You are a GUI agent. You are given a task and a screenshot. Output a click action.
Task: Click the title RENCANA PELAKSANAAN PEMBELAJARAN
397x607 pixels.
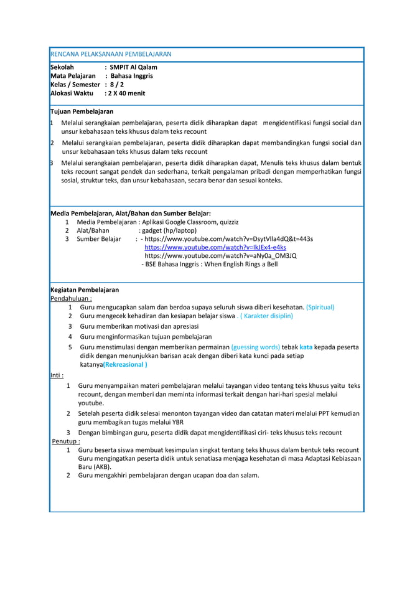110,54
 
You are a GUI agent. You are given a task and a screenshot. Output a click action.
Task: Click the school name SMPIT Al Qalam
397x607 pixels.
133,67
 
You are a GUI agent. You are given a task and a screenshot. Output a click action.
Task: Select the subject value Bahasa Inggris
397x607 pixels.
131,76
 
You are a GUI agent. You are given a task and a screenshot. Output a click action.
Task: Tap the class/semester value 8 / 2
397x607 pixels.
116,85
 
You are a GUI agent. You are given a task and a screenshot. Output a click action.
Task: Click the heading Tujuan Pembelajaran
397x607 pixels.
82,111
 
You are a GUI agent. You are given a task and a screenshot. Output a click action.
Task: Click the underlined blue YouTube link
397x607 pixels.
215,247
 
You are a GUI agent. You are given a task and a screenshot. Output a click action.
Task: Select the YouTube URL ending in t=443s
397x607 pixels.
228,238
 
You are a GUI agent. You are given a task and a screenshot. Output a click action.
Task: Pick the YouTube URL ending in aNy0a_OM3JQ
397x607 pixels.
220,255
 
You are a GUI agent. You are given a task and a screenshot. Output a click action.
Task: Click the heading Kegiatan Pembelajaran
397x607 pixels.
84,289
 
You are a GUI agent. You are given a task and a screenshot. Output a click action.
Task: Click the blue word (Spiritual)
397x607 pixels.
320,307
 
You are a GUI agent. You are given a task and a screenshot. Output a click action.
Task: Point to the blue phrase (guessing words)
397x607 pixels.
255,347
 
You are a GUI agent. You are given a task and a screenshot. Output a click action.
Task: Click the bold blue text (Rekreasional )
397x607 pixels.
125,364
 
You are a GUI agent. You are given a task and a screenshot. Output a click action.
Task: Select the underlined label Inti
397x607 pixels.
57,375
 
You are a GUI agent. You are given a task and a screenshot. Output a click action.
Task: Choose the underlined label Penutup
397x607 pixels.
66,441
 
